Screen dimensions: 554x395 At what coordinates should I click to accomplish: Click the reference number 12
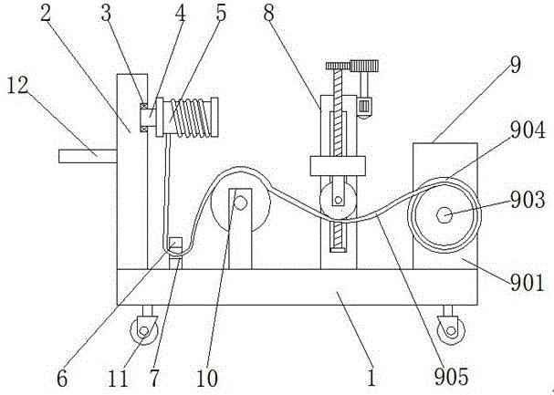17,86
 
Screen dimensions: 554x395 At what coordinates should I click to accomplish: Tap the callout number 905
451,376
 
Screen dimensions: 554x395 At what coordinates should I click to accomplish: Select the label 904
528,130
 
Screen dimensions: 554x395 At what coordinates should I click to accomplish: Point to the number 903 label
528,200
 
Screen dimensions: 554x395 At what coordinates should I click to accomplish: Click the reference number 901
528,283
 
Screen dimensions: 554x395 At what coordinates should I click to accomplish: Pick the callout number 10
207,378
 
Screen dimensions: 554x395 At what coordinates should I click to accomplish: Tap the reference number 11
118,378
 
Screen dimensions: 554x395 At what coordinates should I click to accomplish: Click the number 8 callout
268,13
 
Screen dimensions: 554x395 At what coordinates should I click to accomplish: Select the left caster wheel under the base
144,330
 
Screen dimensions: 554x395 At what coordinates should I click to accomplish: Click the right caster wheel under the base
451,330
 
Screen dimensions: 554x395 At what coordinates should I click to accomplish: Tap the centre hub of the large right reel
444,215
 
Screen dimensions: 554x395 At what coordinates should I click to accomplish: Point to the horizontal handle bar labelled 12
88,156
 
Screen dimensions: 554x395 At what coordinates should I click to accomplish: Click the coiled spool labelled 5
187,117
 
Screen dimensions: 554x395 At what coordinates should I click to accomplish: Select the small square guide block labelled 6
175,245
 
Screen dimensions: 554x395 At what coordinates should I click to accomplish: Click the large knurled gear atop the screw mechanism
364,66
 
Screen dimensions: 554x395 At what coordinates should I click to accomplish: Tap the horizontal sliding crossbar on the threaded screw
338,165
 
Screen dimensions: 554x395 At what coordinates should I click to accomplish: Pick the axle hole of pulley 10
241,203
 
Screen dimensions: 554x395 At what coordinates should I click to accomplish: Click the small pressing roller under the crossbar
338,201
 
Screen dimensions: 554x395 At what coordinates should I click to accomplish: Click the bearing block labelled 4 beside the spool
149,117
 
